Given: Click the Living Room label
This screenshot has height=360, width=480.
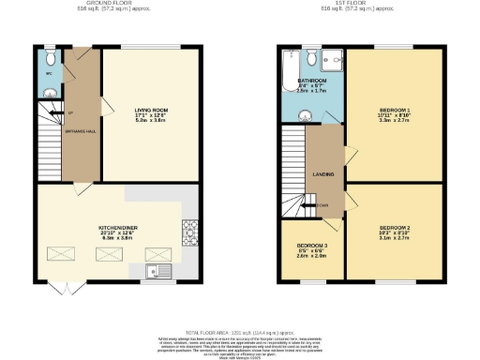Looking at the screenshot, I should coord(150,111).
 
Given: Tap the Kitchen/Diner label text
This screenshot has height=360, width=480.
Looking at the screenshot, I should coord(117,227).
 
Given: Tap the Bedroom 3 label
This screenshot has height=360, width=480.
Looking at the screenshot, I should coord(311,248).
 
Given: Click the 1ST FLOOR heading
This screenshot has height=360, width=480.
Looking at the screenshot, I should coord(361,5).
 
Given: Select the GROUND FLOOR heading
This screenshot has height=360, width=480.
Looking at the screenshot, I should coord(117,5).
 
